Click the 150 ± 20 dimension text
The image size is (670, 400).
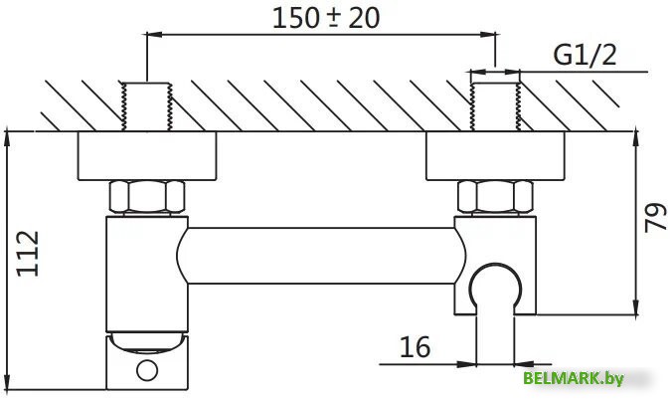coord(326,18)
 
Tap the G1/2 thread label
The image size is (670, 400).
coord(585,56)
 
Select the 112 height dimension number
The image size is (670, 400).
coord(28,254)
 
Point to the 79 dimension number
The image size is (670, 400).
coord(655,218)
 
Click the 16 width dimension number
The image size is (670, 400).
coord(415,347)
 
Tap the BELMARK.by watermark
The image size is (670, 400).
coord(573,378)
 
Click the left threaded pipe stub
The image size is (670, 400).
coord(146,106)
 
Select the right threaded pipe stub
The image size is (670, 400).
coord(495,106)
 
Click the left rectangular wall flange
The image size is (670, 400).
coord(147,156)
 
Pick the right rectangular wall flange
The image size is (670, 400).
coord(495,156)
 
